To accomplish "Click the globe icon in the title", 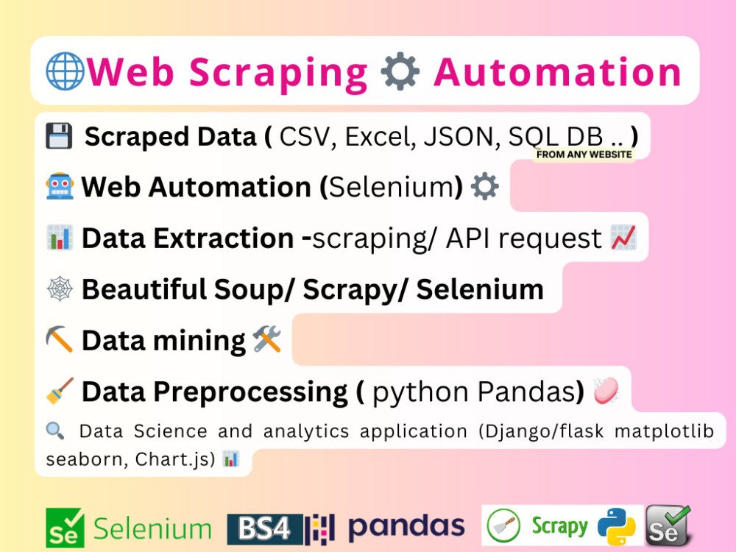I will [x=66, y=71].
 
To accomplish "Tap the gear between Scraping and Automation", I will [x=401, y=71].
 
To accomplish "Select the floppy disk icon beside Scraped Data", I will [x=58, y=136].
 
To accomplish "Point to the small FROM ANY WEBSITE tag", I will [x=584, y=155].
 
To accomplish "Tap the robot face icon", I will [x=59, y=187].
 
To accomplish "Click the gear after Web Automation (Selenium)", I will [x=484, y=187].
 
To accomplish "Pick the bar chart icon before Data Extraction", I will [x=59, y=238].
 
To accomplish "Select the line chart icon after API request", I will [x=624, y=238].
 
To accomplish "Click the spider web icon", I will [x=59, y=289].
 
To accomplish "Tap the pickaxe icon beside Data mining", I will [x=59, y=340].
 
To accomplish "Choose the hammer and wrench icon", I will [x=266, y=340].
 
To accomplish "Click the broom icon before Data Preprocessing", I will [x=59, y=392].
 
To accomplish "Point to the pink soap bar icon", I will [x=606, y=392].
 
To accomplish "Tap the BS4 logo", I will [x=264, y=528].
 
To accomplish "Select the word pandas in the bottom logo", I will [x=406, y=526].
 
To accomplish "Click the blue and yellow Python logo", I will [x=617, y=526].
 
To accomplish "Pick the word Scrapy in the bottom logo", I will [x=559, y=526].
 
